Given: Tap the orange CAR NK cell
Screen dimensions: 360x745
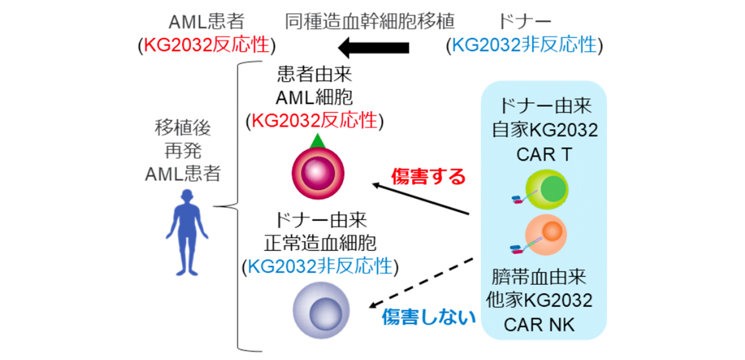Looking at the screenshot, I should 548,233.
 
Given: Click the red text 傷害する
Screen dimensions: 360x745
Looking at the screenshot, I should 429,176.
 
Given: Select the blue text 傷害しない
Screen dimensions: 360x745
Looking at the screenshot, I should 429,316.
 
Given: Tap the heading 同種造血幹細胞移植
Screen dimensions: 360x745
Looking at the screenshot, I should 370,22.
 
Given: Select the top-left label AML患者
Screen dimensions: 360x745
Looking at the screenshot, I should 207,22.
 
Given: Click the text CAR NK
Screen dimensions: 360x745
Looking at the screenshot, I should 539,324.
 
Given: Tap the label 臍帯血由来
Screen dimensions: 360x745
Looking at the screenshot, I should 539,276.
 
